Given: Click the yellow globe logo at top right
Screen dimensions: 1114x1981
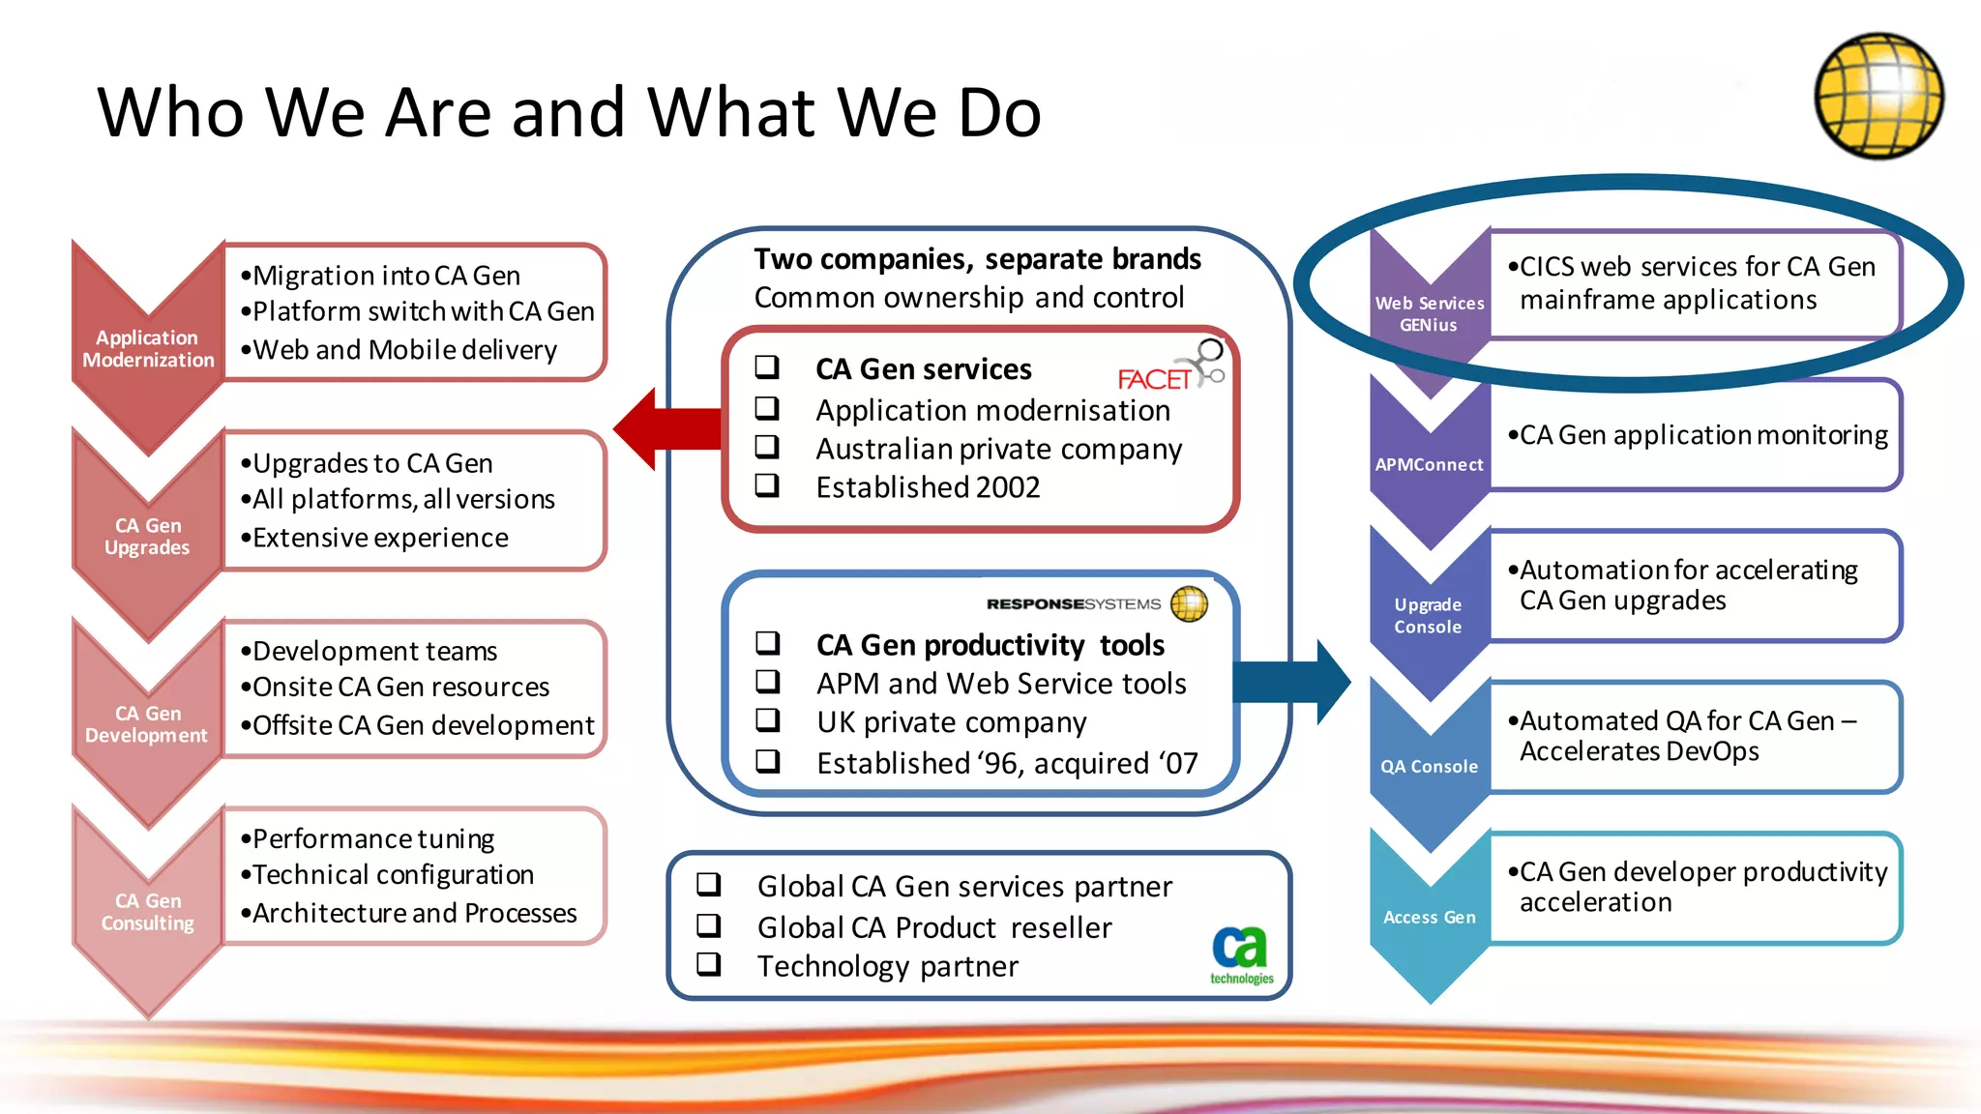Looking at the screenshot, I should (x=1878, y=96).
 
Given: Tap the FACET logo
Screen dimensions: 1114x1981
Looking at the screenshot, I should (x=1169, y=371).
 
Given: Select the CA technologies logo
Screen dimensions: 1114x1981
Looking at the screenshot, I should (x=1241, y=954).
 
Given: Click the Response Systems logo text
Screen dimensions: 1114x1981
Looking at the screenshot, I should (x=1073, y=603).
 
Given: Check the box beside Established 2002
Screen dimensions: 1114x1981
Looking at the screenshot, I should (x=767, y=485).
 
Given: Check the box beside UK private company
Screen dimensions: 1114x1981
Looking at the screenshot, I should (x=768, y=720).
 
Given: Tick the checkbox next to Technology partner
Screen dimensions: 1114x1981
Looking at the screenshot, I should (x=709, y=964).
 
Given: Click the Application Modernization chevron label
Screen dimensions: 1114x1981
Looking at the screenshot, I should (x=148, y=348).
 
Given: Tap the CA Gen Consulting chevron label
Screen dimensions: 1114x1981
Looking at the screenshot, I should (x=148, y=912).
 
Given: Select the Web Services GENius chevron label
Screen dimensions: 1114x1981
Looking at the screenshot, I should (x=1429, y=313).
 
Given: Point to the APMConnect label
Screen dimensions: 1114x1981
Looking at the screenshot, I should (x=1429, y=464).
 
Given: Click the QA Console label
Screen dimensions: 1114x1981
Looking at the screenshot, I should (x=1429, y=766).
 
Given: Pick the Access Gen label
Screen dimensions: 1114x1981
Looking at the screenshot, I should (x=1429, y=917).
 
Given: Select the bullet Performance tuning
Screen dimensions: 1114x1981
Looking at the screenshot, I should (x=373, y=837).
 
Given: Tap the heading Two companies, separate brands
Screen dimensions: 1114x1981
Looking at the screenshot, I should (x=977, y=258).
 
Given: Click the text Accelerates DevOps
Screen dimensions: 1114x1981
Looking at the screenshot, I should (x=1639, y=751).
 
